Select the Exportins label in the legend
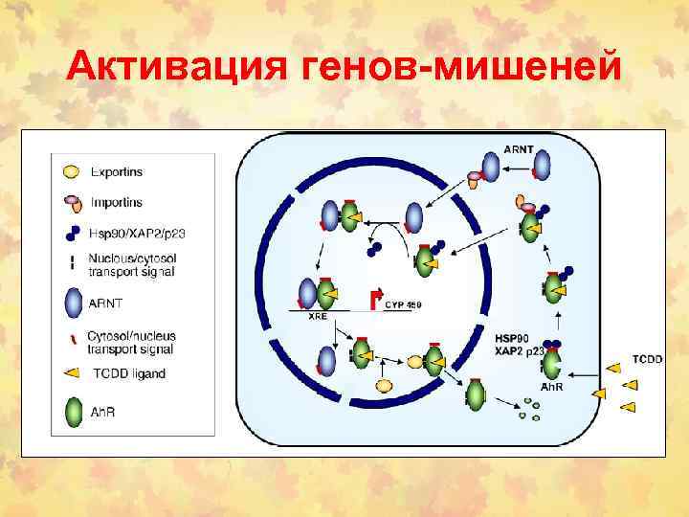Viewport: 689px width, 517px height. point(116,172)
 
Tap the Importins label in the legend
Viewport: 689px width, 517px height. point(116,203)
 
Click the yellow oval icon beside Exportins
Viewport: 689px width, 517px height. point(71,172)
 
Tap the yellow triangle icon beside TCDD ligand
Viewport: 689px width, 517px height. point(72,373)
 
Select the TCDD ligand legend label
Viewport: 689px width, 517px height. point(126,373)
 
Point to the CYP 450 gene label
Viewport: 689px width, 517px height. point(403,305)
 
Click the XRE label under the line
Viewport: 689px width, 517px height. point(318,319)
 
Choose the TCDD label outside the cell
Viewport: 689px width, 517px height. point(647,359)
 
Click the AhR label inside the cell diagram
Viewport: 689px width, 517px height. point(552,387)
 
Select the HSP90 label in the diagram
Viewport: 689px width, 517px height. point(513,340)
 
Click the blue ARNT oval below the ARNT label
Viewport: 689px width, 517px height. point(543,167)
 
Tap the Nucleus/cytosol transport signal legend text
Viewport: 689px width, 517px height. point(131,265)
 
